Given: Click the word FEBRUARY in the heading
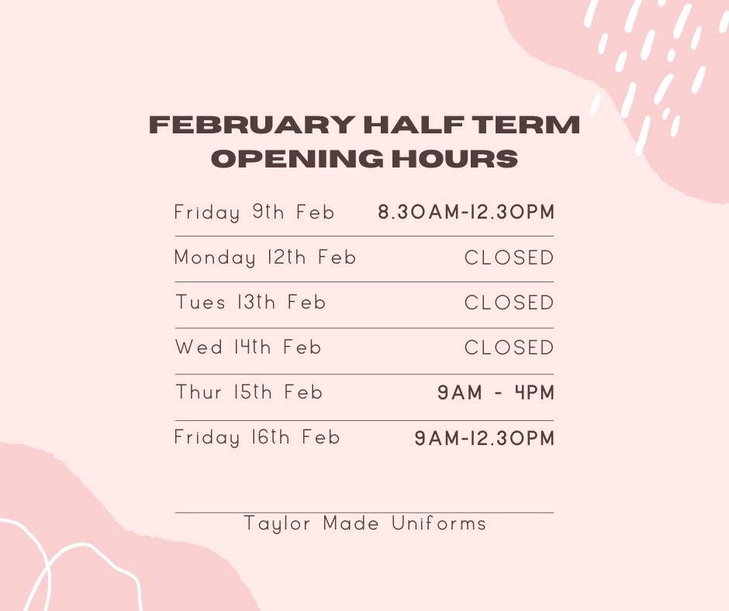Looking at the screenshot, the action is coord(253,125).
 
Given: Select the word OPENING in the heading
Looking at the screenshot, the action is coord(297,158).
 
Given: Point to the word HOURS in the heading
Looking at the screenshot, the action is coord(454,158).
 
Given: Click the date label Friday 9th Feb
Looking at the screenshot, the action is coord(254,212).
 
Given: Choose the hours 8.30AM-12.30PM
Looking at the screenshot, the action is coord(466,212).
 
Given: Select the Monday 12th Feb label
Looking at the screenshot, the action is coord(265,257).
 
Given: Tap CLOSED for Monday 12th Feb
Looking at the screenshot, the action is coord(509,257).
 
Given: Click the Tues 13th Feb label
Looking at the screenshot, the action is coord(250,302).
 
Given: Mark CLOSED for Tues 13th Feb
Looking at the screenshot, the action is coord(509,302).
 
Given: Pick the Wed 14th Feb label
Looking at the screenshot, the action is coord(248,347).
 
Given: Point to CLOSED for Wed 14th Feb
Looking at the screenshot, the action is coord(509,348).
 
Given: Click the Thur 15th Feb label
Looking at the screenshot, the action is coord(249,392).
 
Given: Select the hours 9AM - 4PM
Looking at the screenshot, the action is coord(496,392).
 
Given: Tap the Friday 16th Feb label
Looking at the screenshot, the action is coord(257,437).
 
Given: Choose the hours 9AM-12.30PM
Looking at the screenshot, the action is coord(485,438).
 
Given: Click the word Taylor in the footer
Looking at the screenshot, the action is coord(277,524).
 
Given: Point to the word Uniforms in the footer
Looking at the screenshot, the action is coord(439,523).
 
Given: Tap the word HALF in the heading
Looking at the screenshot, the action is coord(414,125).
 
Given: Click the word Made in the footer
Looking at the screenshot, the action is coord(351,523).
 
